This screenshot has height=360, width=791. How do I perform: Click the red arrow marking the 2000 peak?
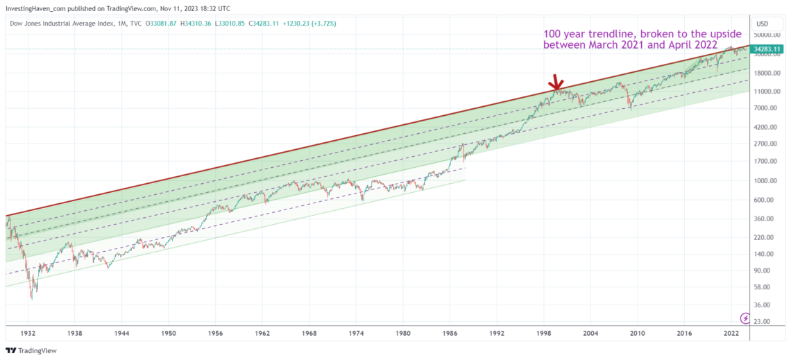(555, 83)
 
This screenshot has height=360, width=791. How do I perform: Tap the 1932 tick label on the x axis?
(28, 334)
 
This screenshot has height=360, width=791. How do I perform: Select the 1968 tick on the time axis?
(310, 334)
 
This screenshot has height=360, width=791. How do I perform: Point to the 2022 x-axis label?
(731, 334)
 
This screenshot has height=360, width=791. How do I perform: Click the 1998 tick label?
(543, 334)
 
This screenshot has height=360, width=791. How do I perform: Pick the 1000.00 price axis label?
(768, 180)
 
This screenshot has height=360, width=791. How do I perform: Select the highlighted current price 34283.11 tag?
(769, 49)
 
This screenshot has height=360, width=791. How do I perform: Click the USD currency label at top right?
(763, 23)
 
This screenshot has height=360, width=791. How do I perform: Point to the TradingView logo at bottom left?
(35, 350)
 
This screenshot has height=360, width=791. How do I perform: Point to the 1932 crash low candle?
(32, 297)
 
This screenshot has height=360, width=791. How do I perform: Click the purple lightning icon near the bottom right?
(745, 318)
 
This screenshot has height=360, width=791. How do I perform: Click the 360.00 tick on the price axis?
(767, 218)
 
